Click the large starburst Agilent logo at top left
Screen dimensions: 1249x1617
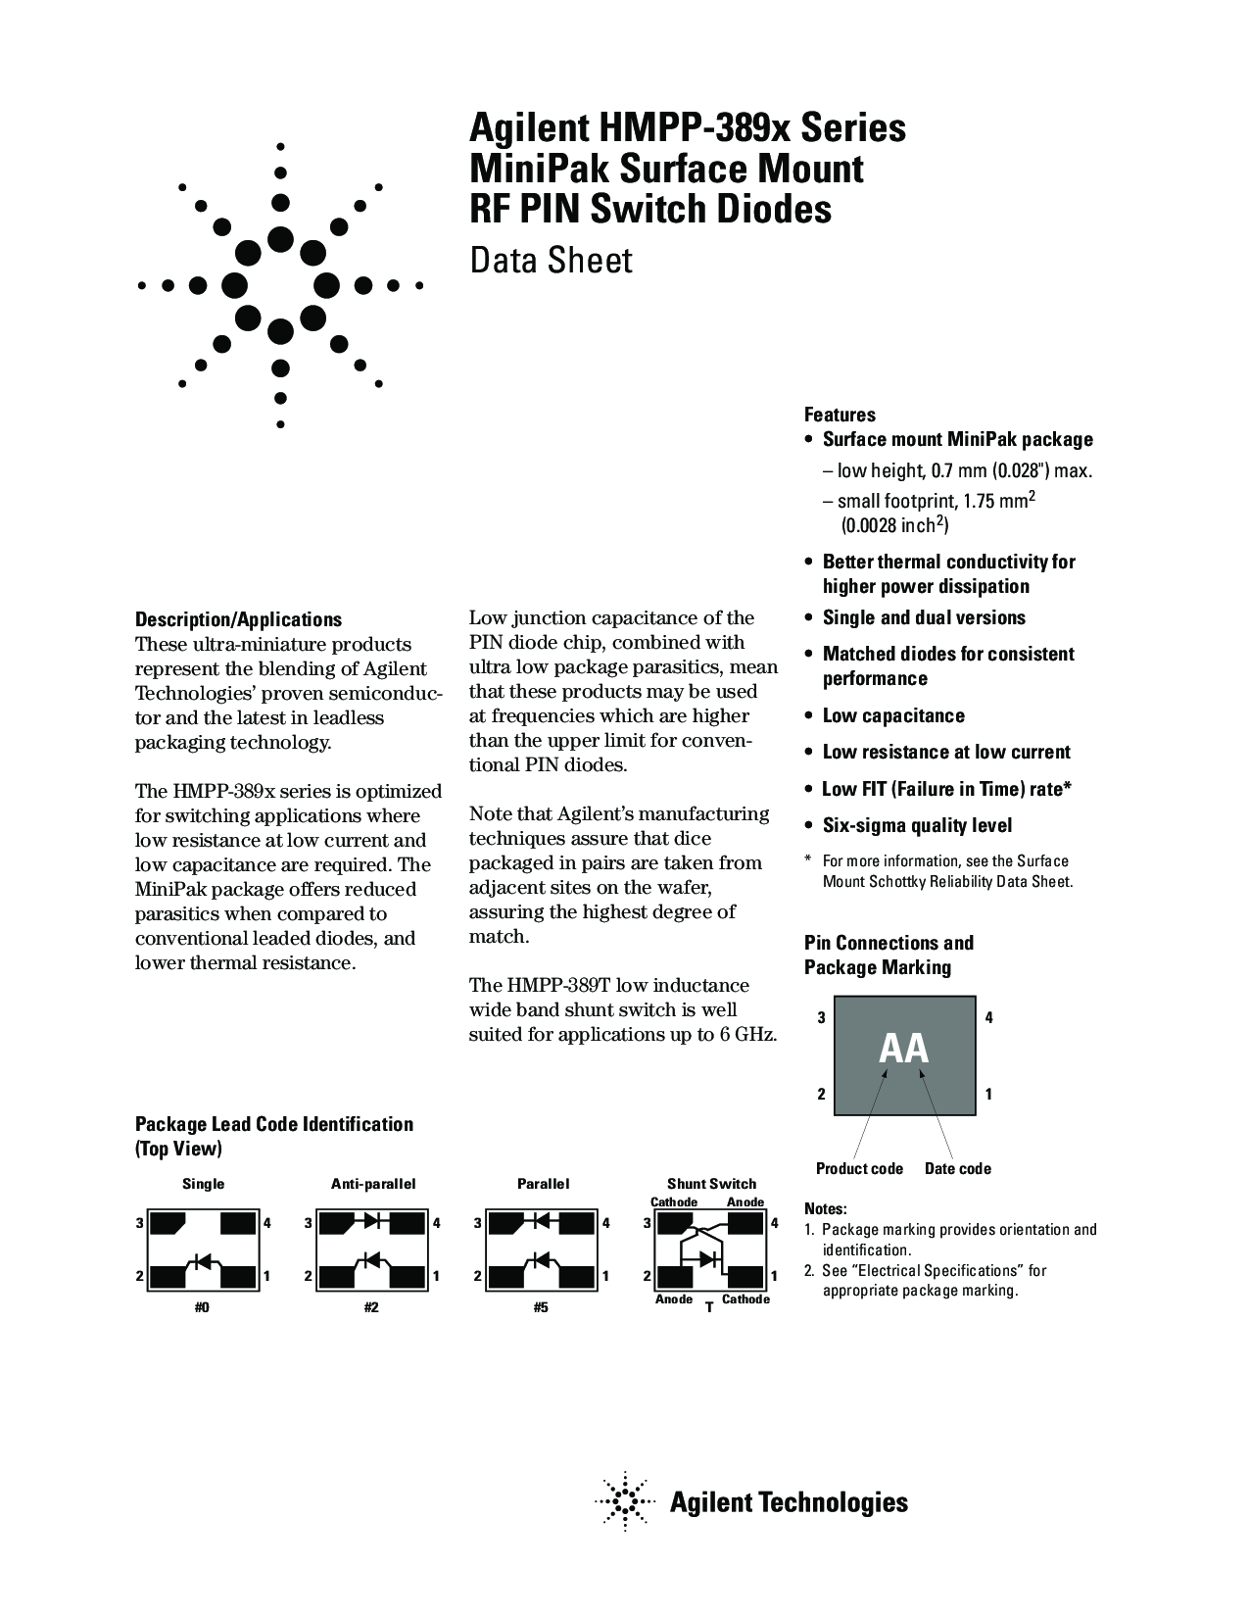click(x=280, y=286)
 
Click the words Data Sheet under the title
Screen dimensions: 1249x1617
click(x=551, y=261)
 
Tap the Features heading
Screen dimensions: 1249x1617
click(x=840, y=415)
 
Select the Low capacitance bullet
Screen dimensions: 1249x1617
click(x=892, y=715)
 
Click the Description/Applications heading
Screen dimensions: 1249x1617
click(x=238, y=620)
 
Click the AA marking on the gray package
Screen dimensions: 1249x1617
click(x=903, y=1049)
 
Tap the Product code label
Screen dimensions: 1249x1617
click(x=859, y=1168)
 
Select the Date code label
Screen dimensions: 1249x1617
click(x=957, y=1168)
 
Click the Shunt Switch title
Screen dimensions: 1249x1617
click(x=711, y=1183)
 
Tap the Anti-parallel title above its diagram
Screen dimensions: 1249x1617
click(x=372, y=1183)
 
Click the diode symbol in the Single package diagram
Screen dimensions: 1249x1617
click(x=203, y=1260)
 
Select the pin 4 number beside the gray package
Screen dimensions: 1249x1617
click(x=988, y=1017)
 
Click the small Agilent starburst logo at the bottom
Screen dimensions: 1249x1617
click(x=625, y=1501)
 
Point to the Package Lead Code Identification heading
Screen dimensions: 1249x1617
click(x=273, y=1124)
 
